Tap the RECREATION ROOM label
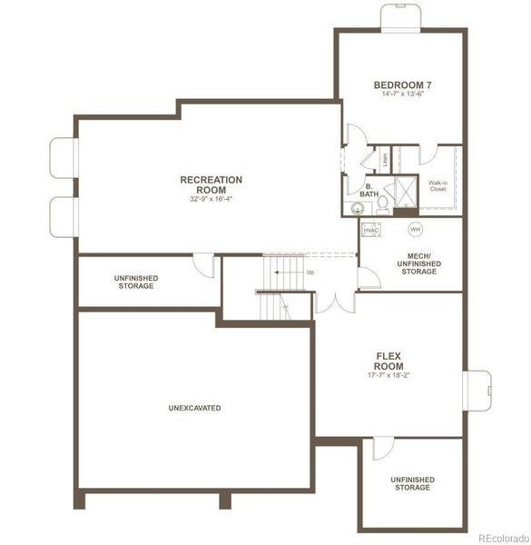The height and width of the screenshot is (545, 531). pos(211,184)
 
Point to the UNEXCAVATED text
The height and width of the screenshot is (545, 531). pos(194,408)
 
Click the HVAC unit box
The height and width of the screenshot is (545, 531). pos(370,231)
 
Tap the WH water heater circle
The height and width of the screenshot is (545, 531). pos(415,229)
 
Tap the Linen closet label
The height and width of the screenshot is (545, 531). pos(385,158)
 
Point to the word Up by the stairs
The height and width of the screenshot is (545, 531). pos(310,272)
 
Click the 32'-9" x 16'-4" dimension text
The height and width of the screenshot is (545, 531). pos(211,199)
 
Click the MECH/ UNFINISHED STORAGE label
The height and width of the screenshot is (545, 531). pos(418,263)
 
